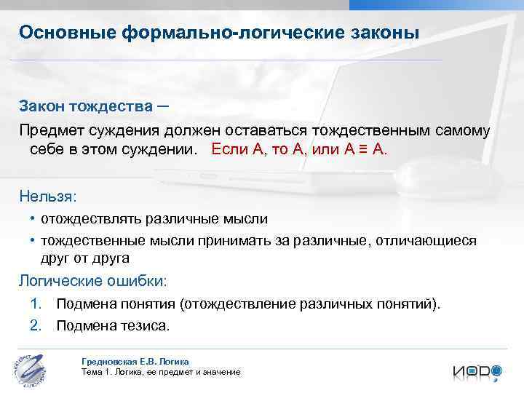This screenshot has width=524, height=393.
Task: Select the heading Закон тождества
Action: [x=86, y=108]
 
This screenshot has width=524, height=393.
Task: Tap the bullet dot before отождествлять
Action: [x=33, y=218]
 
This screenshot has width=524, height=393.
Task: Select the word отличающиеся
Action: [x=429, y=241]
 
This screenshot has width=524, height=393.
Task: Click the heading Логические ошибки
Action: [x=92, y=281]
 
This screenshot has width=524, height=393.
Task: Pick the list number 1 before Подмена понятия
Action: [x=36, y=303]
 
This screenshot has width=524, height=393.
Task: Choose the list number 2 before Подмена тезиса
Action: [x=36, y=325]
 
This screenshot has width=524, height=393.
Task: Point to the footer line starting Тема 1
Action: [x=160, y=372]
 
